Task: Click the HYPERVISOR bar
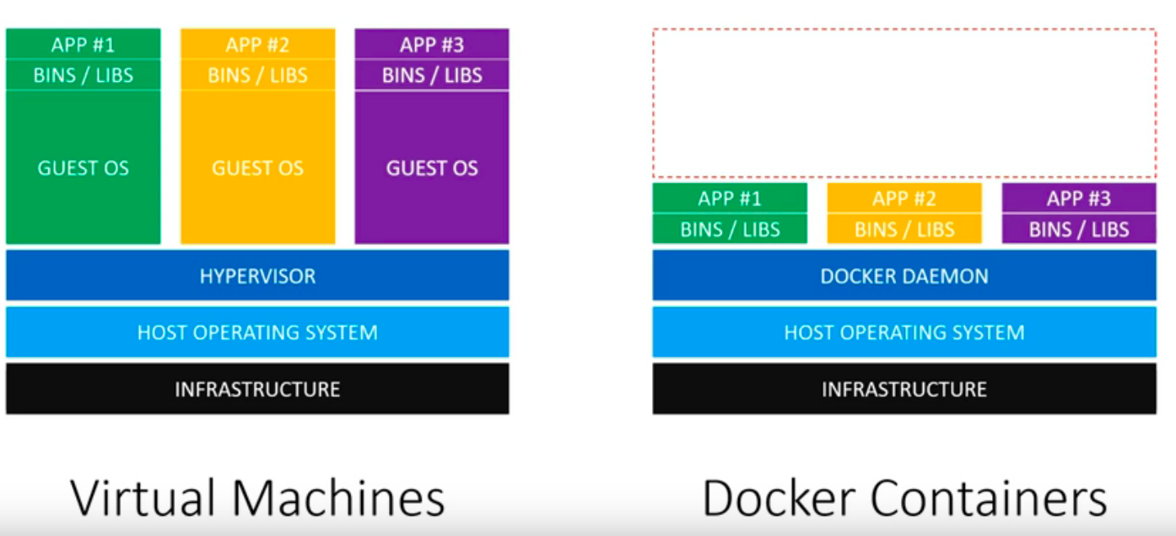[x=257, y=276]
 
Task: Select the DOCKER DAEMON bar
[x=904, y=276]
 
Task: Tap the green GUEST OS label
[x=83, y=168]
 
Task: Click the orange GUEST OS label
[x=257, y=168]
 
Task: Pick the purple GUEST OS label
[x=431, y=168]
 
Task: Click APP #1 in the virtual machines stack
[x=83, y=45]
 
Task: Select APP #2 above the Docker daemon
[x=904, y=199]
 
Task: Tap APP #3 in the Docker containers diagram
[x=1078, y=199]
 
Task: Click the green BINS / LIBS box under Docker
[x=730, y=229]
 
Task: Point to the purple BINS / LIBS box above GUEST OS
[x=431, y=75]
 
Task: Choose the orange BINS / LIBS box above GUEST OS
[x=257, y=75]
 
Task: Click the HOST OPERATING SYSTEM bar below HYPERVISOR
[x=257, y=332]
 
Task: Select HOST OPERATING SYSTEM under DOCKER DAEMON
[x=904, y=332]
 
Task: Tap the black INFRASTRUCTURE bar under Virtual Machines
[x=257, y=389]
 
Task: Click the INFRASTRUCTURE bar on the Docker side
[x=904, y=389]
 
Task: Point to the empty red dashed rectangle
[x=904, y=103]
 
